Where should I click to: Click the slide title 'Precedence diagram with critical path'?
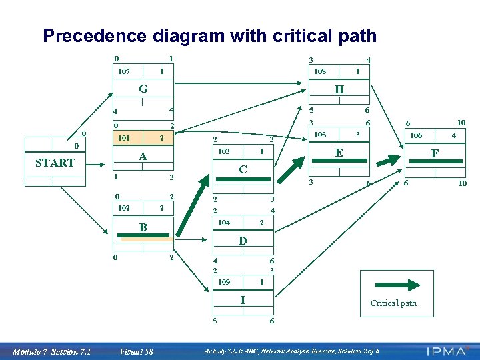[209, 36]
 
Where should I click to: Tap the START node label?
[55, 163]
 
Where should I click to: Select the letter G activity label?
[143, 89]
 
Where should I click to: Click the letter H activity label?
[339, 89]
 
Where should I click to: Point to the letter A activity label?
[142, 157]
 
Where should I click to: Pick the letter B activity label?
[143, 227]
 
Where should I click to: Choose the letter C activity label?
[243, 169]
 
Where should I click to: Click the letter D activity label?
[243, 240]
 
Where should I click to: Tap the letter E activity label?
[339, 153]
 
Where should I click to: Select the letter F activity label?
[435, 153]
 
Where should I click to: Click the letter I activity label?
[243, 300]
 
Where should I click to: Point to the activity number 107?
[123, 71]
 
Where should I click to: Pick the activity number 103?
[223, 152]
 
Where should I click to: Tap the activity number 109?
[223, 282]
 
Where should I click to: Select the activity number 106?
[415, 135]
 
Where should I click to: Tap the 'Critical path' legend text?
[393, 303]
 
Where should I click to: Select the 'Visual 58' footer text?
[136, 352]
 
